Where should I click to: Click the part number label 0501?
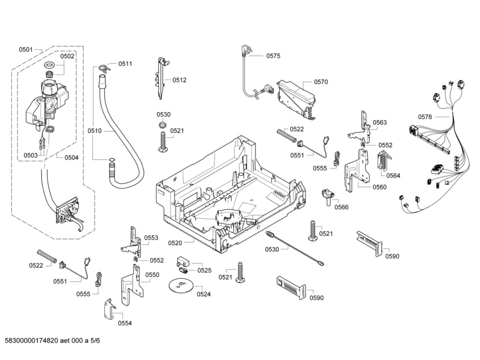[26, 49]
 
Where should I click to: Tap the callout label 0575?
[273, 56]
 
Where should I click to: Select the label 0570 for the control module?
[321, 82]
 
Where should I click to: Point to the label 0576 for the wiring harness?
[425, 117]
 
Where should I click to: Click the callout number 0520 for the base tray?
[175, 243]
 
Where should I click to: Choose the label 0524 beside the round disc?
[203, 294]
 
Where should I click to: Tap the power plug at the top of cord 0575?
[246, 51]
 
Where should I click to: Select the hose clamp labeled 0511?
[104, 68]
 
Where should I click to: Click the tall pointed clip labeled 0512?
[162, 78]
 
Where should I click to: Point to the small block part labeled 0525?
[184, 261]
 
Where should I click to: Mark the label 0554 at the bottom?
[125, 323]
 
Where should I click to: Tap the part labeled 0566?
[328, 197]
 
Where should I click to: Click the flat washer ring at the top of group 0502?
[49, 65]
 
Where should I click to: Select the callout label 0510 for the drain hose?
[94, 131]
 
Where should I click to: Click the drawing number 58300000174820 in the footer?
[31, 340]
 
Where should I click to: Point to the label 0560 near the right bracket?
[379, 187]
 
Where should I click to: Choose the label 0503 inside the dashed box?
[31, 155]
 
